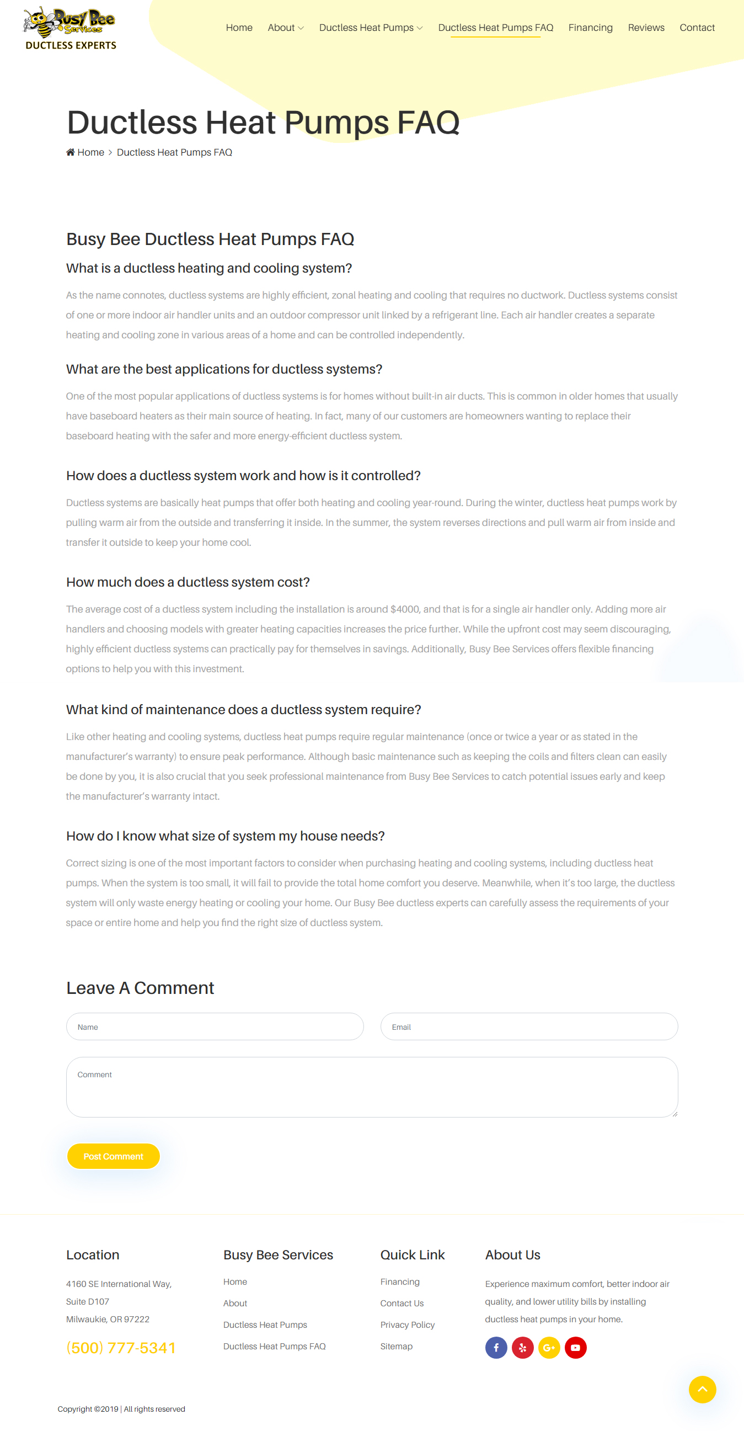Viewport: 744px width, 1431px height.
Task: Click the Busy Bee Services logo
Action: click(x=70, y=28)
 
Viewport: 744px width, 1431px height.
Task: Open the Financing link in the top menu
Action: click(x=590, y=28)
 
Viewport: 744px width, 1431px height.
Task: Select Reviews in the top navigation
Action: click(x=646, y=28)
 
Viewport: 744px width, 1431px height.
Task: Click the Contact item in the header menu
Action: click(x=697, y=28)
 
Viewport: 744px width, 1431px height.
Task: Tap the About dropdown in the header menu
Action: click(x=285, y=28)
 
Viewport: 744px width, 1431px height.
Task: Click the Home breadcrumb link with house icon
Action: click(x=85, y=152)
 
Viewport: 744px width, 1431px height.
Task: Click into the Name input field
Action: click(x=215, y=1026)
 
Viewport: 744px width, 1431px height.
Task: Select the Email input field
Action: click(x=528, y=1026)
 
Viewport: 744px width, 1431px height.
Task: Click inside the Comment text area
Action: click(x=372, y=1087)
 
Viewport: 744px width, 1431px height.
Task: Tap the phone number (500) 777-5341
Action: click(x=121, y=1348)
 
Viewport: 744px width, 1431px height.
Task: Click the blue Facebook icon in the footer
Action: click(x=496, y=1348)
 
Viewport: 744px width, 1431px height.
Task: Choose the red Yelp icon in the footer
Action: click(x=522, y=1348)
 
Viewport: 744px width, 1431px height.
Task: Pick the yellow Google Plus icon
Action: click(x=549, y=1348)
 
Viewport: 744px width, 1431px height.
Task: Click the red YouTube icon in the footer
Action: click(x=575, y=1348)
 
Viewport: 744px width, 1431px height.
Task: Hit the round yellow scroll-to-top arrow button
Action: click(x=702, y=1390)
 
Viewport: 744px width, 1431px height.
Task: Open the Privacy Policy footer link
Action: click(x=407, y=1325)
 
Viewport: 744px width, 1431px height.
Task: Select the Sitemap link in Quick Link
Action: click(x=396, y=1347)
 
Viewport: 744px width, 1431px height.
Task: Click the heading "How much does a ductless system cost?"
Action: click(x=188, y=582)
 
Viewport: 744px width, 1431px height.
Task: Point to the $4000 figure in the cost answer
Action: click(x=405, y=609)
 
